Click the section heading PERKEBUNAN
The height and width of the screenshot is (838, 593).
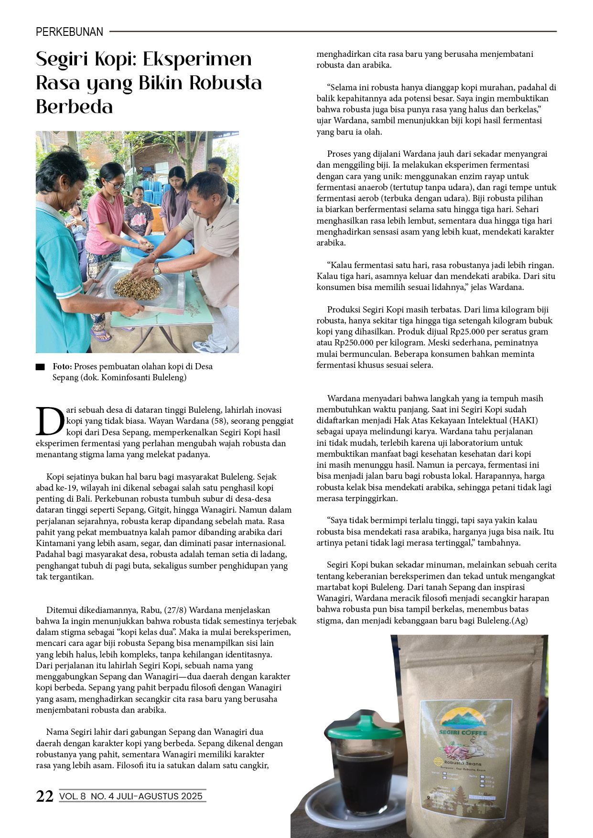tap(69, 32)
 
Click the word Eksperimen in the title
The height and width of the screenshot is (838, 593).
tap(197, 59)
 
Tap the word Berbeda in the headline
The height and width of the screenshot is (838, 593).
tap(75, 107)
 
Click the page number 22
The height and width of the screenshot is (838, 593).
tap(44, 796)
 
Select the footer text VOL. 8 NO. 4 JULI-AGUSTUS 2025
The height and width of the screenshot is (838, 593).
tap(131, 796)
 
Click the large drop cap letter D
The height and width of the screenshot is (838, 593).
tap(50, 421)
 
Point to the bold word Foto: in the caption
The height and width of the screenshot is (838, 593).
tap(62, 366)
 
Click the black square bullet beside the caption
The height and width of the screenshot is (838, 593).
tap(40, 367)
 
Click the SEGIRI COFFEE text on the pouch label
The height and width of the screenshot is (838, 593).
tap(463, 732)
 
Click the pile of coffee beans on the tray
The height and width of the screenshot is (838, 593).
tap(137, 287)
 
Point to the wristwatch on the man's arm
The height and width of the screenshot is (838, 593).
tap(156, 269)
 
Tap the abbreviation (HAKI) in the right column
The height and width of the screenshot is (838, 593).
tap(523, 420)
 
